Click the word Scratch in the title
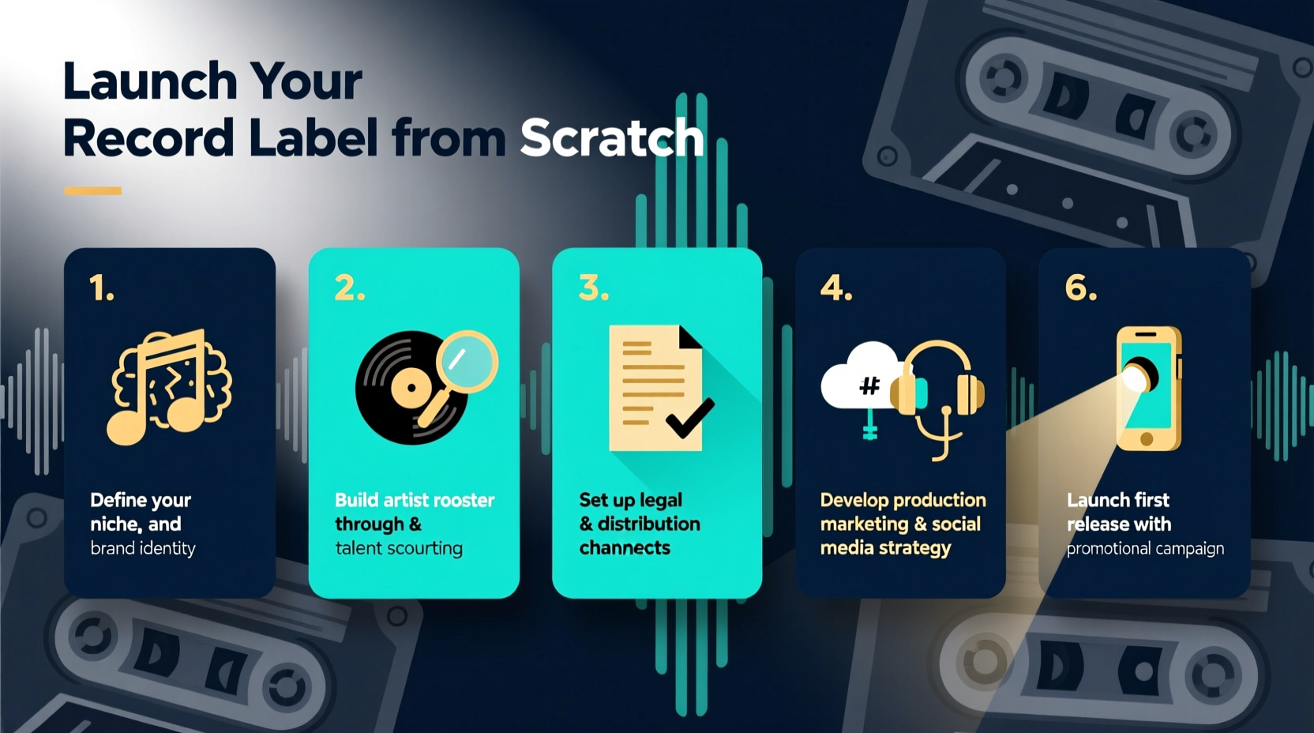611,138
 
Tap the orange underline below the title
92,190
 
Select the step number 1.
101,288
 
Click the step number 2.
350,288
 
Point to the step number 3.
594,288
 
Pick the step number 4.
836,288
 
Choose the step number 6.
1081,288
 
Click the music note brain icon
169,386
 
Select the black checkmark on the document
689,416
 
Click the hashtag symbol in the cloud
869,385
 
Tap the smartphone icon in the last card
1149,388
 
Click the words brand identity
143,548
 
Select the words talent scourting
399,548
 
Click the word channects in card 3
625,548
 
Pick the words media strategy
885,548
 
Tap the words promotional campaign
1145,548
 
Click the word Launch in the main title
150,81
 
